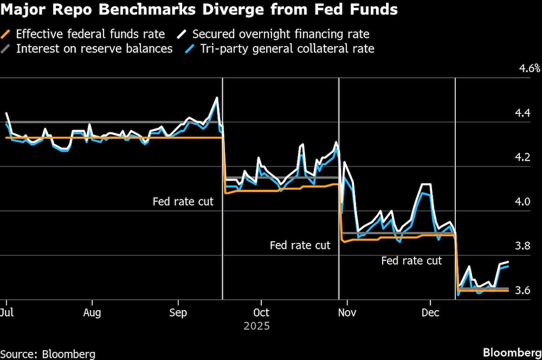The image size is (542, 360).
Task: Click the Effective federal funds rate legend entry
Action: pyautogui.click(x=90, y=34)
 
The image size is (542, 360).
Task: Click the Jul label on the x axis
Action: pyautogui.click(x=7, y=313)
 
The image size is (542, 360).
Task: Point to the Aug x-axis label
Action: pyautogui.click(x=92, y=313)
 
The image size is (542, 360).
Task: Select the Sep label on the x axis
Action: pyautogui.click(x=178, y=313)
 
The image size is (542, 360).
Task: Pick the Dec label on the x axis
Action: pyautogui.click(x=430, y=313)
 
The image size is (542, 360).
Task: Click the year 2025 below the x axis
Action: pyautogui.click(x=256, y=326)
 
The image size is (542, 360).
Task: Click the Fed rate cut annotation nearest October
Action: pyautogui.click(x=183, y=202)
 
